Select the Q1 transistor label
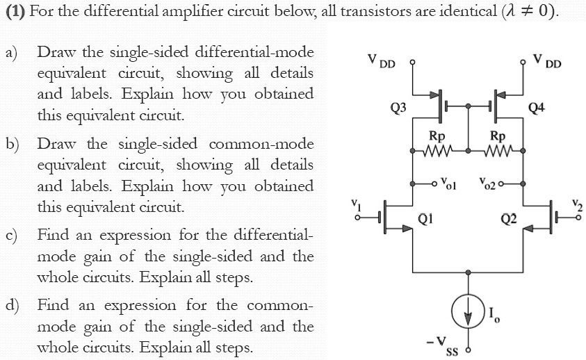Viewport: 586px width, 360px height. [427, 220]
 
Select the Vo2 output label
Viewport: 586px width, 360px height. [487, 184]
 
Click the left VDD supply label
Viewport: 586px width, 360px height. [382, 63]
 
